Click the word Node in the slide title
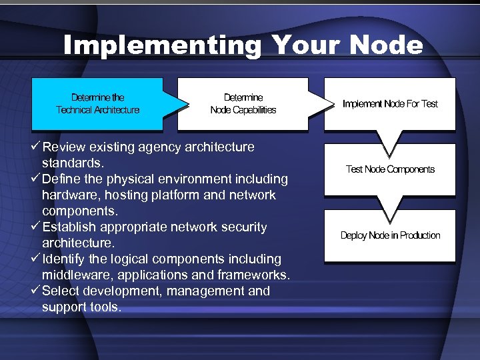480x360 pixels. [x=385, y=45]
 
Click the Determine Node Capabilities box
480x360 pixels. [x=243, y=104]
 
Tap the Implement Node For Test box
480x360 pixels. [x=390, y=104]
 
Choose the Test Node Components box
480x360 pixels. [x=390, y=169]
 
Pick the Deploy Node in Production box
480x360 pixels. [x=390, y=235]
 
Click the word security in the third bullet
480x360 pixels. [x=243, y=227]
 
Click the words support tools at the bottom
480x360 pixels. [x=81, y=307]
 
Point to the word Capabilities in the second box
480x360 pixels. [x=254, y=110]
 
